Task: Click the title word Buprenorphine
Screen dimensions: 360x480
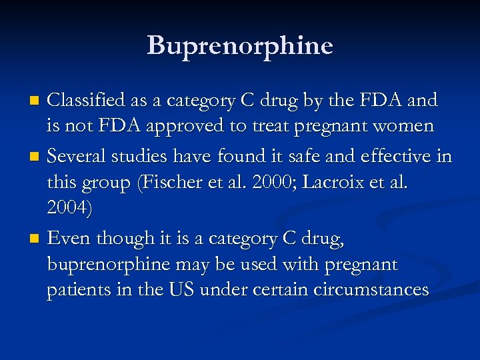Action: pyautogui.click(x=239, y=45)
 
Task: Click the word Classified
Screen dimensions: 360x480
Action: pyautogui.click(x=87, y=101)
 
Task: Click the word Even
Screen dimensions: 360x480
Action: pyautogui.click(x=69, y=238)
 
